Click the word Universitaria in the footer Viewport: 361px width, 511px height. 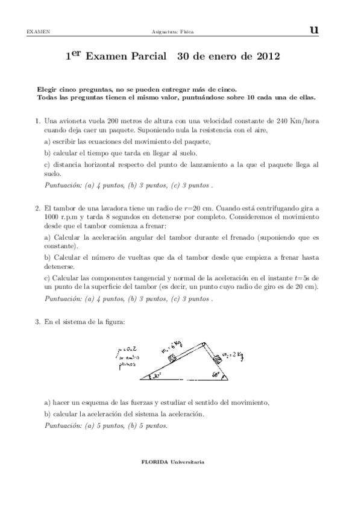pos(187,462)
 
